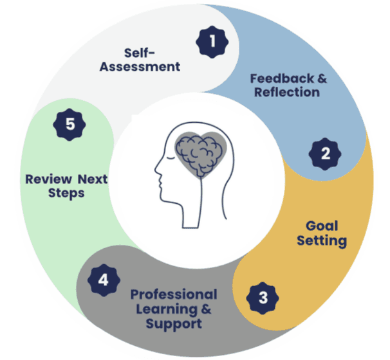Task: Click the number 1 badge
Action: (x=212, y=43)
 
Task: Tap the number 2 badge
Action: (x=325, y=154)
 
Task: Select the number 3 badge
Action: (x=263, y=297)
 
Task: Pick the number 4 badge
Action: (x=103, y=280)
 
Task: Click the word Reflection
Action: (x=286, y=93)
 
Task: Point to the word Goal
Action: (x=322, y=227)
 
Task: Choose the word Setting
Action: (x=322, y=241)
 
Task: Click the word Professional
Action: (x=174, y=294)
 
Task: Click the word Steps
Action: (x=64, y=192)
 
